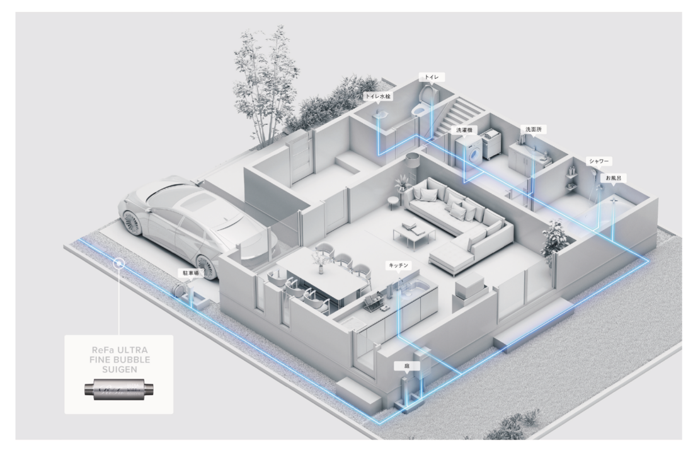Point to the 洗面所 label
[533, 129]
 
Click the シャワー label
[598, 161]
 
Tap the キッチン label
[397, 266]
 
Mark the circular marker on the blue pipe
[118, 263]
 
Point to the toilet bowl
[418, 110]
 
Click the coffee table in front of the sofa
[409, 234]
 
